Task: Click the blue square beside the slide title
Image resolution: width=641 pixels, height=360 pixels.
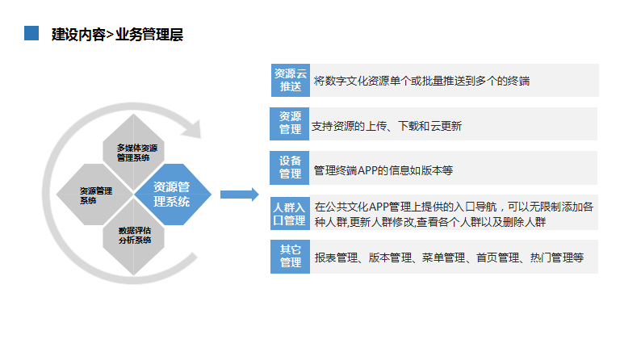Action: click(31, 33)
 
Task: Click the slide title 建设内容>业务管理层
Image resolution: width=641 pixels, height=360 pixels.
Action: click(117, 35)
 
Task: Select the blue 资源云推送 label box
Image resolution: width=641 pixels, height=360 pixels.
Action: click(291, 80)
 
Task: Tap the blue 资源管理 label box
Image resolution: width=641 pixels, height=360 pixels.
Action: click(290, 123)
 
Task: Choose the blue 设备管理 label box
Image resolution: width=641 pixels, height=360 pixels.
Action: click(290, 168)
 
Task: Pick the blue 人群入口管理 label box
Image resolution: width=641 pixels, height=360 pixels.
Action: click(291, 213)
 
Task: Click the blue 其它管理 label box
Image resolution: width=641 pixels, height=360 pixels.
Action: click(291, 257)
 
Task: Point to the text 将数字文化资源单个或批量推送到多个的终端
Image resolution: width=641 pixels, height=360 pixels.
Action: click(421, 81)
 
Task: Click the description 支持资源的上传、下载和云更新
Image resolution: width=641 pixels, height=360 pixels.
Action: click(387, 126)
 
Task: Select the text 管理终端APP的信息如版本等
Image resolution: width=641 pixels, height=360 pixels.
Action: click(383, 170)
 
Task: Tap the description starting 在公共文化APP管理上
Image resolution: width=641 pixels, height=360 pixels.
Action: click(454, 214)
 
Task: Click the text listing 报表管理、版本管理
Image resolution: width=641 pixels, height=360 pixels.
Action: click(449, 257)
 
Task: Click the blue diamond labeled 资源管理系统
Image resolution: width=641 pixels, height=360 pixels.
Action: click(173, 194)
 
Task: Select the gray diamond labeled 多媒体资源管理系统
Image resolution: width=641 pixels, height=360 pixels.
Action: click(134, 152)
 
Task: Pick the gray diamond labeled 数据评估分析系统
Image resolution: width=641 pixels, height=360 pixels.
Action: click(134, 237)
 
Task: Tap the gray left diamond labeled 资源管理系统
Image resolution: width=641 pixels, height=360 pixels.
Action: click(94, 195)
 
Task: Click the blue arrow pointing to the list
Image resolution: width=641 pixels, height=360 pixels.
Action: click(240, 195)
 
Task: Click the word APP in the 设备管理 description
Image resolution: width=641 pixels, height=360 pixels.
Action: click(367, 170)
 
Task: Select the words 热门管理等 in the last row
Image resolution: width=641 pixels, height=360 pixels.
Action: click(557, 257)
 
